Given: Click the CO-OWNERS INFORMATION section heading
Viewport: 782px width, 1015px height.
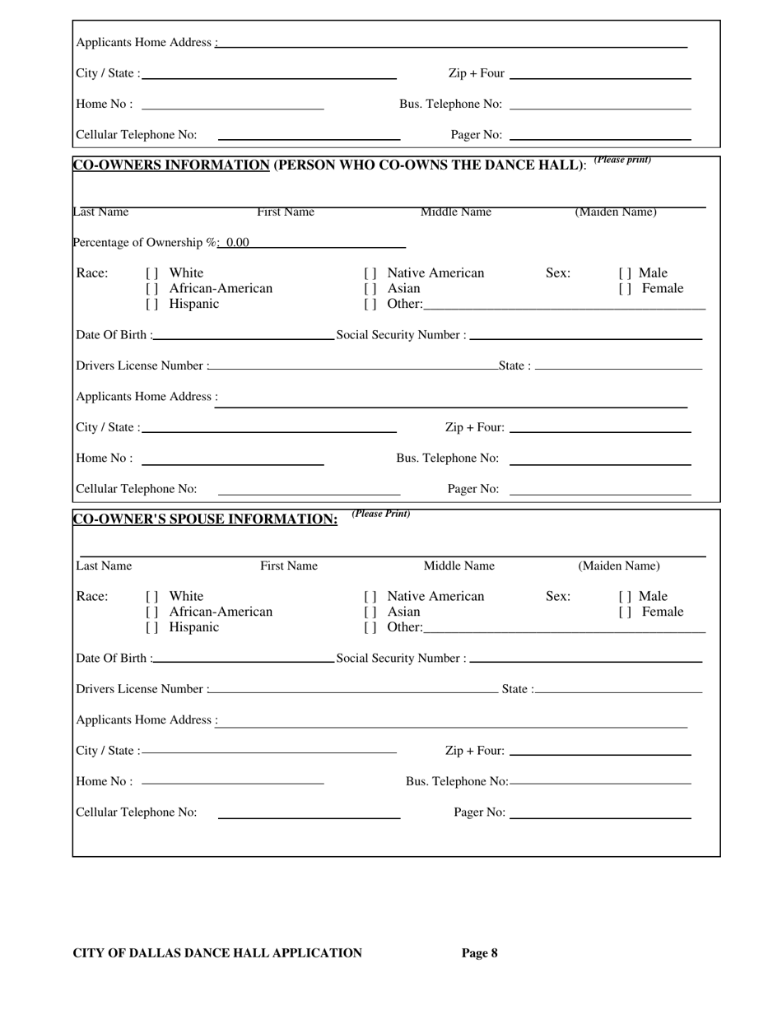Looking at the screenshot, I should tap(171, 165).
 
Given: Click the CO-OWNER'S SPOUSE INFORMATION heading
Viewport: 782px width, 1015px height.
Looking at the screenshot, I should tap(206, 519).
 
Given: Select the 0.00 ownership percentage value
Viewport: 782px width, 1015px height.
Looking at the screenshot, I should tap(237, 243).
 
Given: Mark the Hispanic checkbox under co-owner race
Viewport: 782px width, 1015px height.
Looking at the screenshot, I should tap(151, 305).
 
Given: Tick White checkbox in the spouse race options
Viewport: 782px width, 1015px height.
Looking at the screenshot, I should tap(151, 597).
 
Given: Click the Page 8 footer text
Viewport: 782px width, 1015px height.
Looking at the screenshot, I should tap(479, 953).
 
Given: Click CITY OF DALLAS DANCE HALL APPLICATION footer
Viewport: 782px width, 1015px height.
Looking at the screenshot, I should tap(217, 953).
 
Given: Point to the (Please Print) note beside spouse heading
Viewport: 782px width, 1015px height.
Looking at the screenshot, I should tap(380, 514).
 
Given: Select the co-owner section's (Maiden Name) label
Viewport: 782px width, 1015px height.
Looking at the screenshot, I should tap(616, 212).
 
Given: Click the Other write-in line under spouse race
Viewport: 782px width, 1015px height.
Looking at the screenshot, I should tap(565, 630).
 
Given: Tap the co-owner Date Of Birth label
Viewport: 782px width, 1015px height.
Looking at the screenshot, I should tap(113, 336).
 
